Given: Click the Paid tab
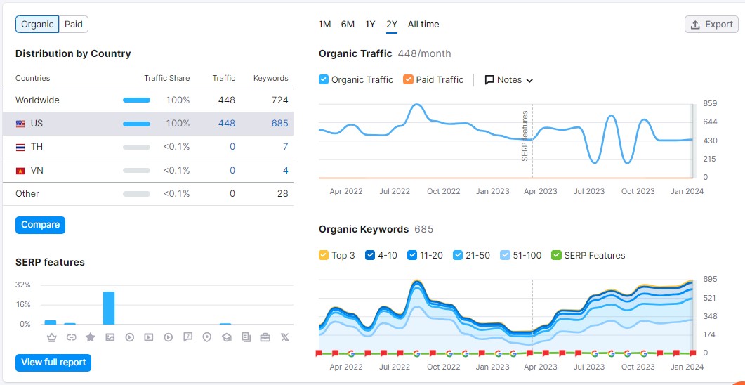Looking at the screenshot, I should (74, 25).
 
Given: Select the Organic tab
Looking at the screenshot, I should (37, 25).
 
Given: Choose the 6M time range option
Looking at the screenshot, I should (348, 25).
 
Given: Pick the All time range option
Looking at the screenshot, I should (423, 25).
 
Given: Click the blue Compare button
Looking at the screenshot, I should (40, 225).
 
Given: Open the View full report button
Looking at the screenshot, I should (53, 363).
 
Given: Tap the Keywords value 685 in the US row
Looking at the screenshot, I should (279, 124).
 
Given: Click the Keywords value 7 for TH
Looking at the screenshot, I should (285, 147).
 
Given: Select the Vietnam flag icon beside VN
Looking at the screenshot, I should (20, 171).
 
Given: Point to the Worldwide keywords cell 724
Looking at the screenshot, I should (279, 100).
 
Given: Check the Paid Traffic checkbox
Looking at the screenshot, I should (408, 80).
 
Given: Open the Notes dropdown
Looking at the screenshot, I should (509, 80).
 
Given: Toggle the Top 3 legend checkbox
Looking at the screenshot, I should (324, 256).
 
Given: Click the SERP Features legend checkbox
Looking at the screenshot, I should (557, 256).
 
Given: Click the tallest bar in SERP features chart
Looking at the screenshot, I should (109, 308).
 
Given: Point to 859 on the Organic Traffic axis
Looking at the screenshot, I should (710, 104).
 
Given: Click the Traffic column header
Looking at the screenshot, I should (224, 78).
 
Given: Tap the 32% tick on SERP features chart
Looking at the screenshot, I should (23, 285).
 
